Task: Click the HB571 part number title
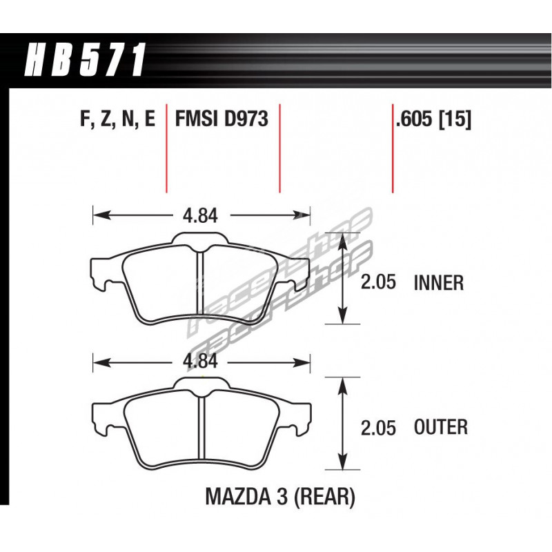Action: (x=84, y=60)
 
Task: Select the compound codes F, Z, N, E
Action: (x=117, y=119)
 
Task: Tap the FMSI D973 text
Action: (x=221, y=118)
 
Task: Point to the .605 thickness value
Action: (x=414, y=119)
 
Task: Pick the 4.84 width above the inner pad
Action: (x=200, y=215)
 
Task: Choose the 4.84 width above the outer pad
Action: (x=200, y=361)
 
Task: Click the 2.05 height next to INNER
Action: (x=378, y=283)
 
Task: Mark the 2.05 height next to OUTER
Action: (x=378, y=428)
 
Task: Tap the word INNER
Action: (x=439, y=283)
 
